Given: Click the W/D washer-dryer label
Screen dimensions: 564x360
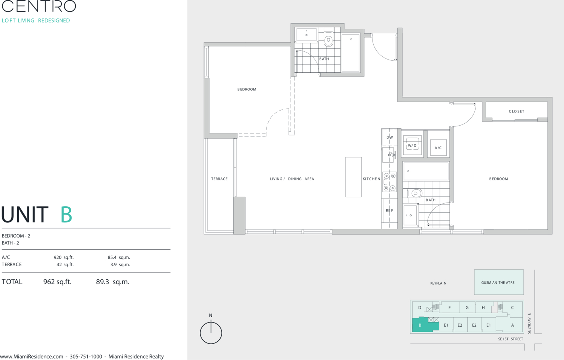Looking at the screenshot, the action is pos(412,145).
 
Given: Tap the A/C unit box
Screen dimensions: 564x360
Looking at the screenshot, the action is pos(438,148).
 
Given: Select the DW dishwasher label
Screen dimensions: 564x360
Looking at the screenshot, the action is pos(389,138).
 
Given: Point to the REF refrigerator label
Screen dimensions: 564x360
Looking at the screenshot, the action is pos(389,210).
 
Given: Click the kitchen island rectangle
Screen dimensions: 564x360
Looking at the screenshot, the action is pos(353,177).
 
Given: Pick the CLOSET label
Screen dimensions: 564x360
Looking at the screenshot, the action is pos(516,111).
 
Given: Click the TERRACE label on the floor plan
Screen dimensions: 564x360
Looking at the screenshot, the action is pos(219,179).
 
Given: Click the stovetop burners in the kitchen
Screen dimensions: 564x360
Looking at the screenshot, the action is pos(389,182).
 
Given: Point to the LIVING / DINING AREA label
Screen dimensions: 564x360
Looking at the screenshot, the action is pos(292,179).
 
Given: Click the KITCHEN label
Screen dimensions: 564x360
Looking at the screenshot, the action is pos(371,179).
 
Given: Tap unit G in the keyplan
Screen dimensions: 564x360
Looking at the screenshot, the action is pos(467,307).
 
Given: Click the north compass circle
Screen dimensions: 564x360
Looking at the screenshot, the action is pos(211,333).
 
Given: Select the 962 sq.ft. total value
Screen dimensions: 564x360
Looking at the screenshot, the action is pos(57,282).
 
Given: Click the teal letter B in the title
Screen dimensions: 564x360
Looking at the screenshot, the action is pos(66,214).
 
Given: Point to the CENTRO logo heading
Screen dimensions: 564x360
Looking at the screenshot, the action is pos(39,6).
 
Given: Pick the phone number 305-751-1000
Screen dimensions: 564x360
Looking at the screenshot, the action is pos(86,357).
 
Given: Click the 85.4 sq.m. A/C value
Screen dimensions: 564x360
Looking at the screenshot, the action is pos(119,258).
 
